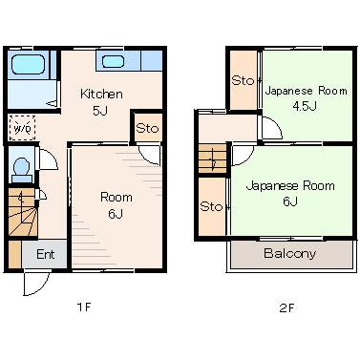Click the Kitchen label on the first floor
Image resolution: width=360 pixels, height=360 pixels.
(101, 94)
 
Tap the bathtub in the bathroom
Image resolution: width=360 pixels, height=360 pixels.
(28, 65)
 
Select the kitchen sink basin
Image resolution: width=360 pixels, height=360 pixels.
(113, 61)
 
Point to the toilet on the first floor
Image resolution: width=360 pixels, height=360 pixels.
(22, 170)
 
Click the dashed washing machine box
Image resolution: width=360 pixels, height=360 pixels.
(22, 128)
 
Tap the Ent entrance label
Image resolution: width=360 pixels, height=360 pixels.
(45, 254)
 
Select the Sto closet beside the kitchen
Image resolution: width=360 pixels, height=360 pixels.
(147, 128)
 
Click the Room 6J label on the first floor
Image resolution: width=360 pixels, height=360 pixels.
(116, 205)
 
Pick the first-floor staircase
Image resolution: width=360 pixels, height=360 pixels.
(22, 213)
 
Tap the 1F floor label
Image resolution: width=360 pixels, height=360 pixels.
(84, 307)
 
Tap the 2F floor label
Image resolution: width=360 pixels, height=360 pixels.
(286, 307)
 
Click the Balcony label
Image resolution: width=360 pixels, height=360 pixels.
(289, 253)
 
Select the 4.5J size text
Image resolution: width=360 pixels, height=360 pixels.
(305, 106)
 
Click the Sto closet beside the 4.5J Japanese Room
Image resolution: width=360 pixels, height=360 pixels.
(244, 80)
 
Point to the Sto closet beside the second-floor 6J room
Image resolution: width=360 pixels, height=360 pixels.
(212, 207)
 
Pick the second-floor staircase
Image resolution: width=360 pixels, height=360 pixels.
(212, 159)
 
